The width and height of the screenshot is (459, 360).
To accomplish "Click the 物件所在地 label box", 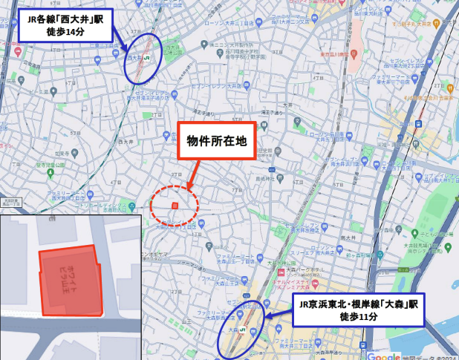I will tap(215, 140).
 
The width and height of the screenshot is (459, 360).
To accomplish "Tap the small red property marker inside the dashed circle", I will tap(175, 206).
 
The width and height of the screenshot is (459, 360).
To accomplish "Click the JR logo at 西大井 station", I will tap(147, 57).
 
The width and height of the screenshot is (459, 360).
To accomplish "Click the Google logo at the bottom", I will tap(382, 355).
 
